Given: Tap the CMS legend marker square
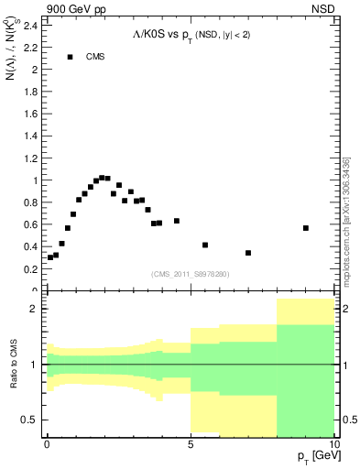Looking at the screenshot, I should click(x=70, y=57).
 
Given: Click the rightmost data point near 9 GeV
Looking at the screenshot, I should click(x=306, y=228).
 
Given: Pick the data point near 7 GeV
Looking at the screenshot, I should click(x=248, y=253).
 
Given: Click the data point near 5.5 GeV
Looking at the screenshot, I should click(x=205, y=245).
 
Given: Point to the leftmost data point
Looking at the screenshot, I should click(x=50, y=257).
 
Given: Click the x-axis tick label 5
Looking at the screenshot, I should click(x=191, y=444).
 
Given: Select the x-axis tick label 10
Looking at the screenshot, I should click(x=333, y=444).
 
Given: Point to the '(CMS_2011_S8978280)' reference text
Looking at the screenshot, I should click(x=191, y=274).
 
